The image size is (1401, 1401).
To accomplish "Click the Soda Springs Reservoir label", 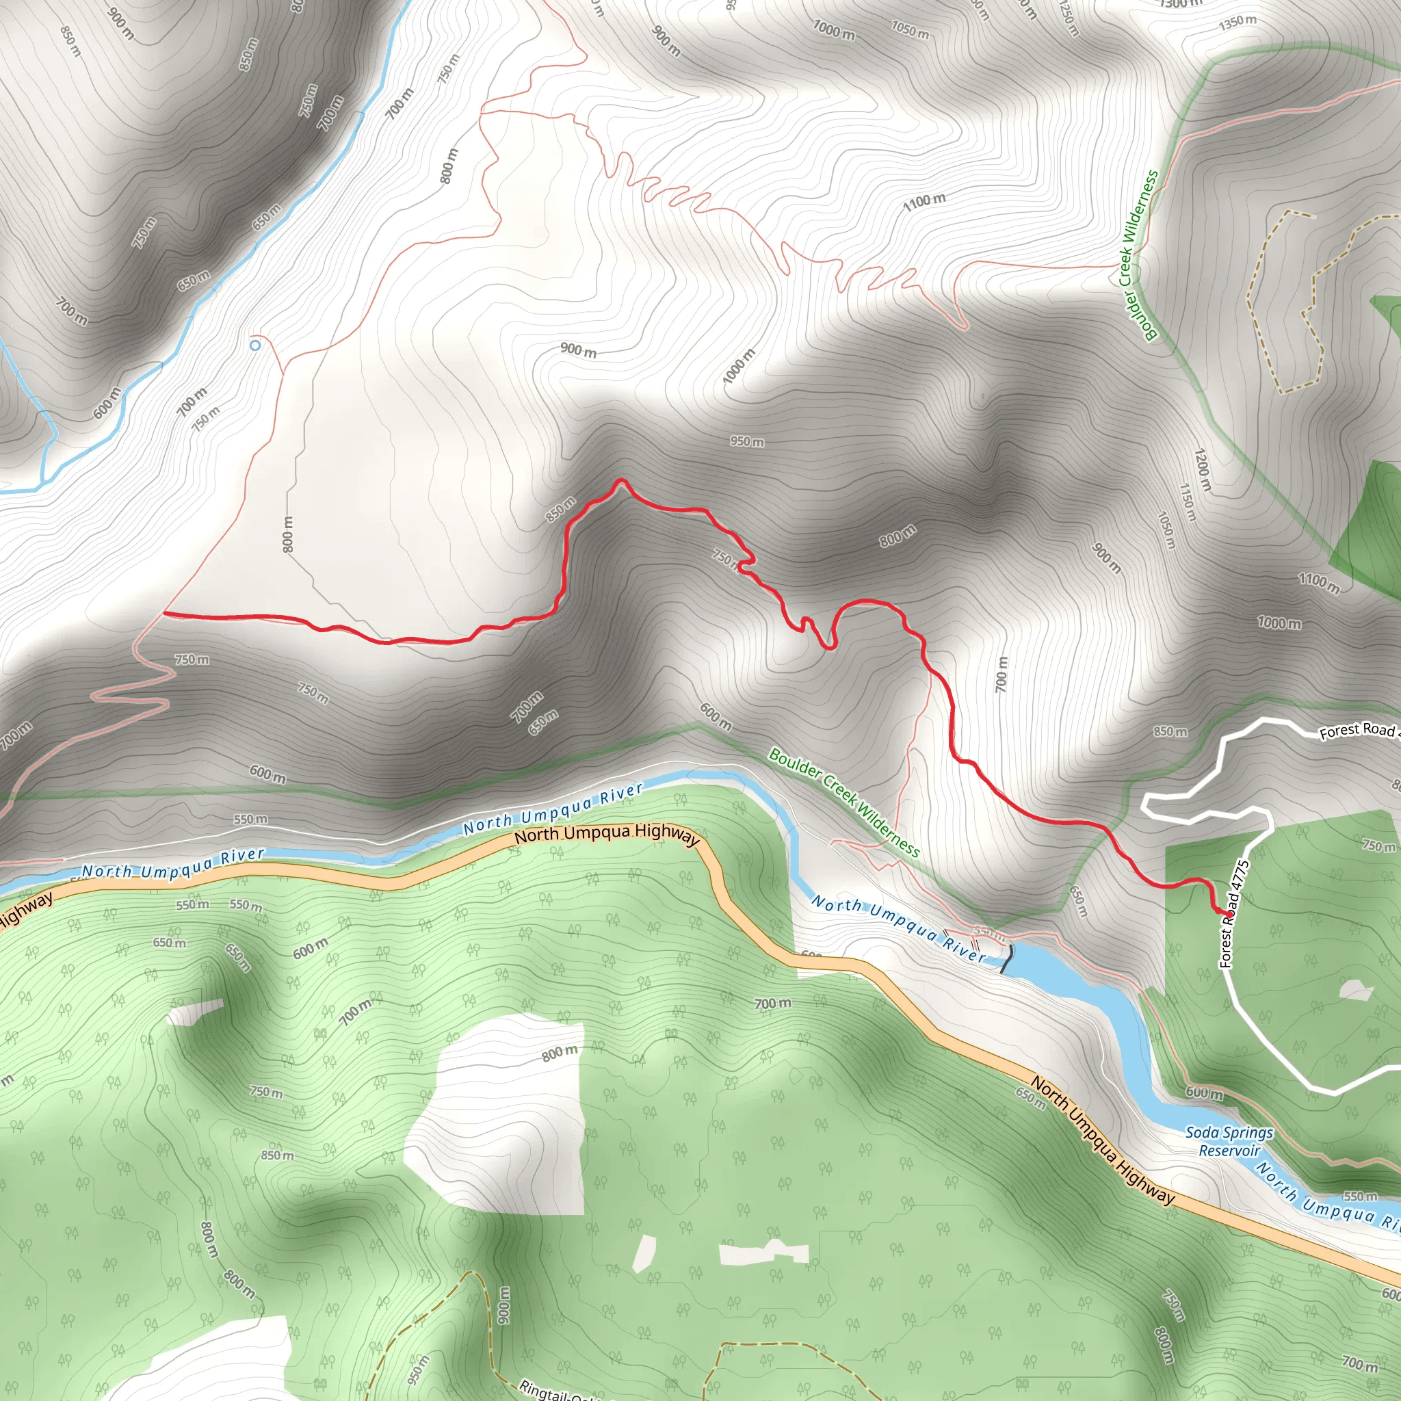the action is (x=1229, y=1142).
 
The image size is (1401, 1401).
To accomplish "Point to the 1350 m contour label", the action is (x=1237, y=22).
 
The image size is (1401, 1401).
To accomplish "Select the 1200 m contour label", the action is (x=1201, y=469).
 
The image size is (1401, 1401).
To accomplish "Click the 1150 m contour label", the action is (x=1187, y=502).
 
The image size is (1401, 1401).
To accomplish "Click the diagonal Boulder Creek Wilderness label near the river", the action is (x=844, y=802).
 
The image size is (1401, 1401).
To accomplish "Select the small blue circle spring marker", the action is (x=254, y=346).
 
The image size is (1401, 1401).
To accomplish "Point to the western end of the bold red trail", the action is (x=166, y=614).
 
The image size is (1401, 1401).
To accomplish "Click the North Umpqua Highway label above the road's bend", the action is (x=606, y=834).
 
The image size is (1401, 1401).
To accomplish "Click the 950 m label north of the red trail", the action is (x=747, y=441).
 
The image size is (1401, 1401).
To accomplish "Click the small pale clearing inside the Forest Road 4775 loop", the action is (x=1355, y=990).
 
